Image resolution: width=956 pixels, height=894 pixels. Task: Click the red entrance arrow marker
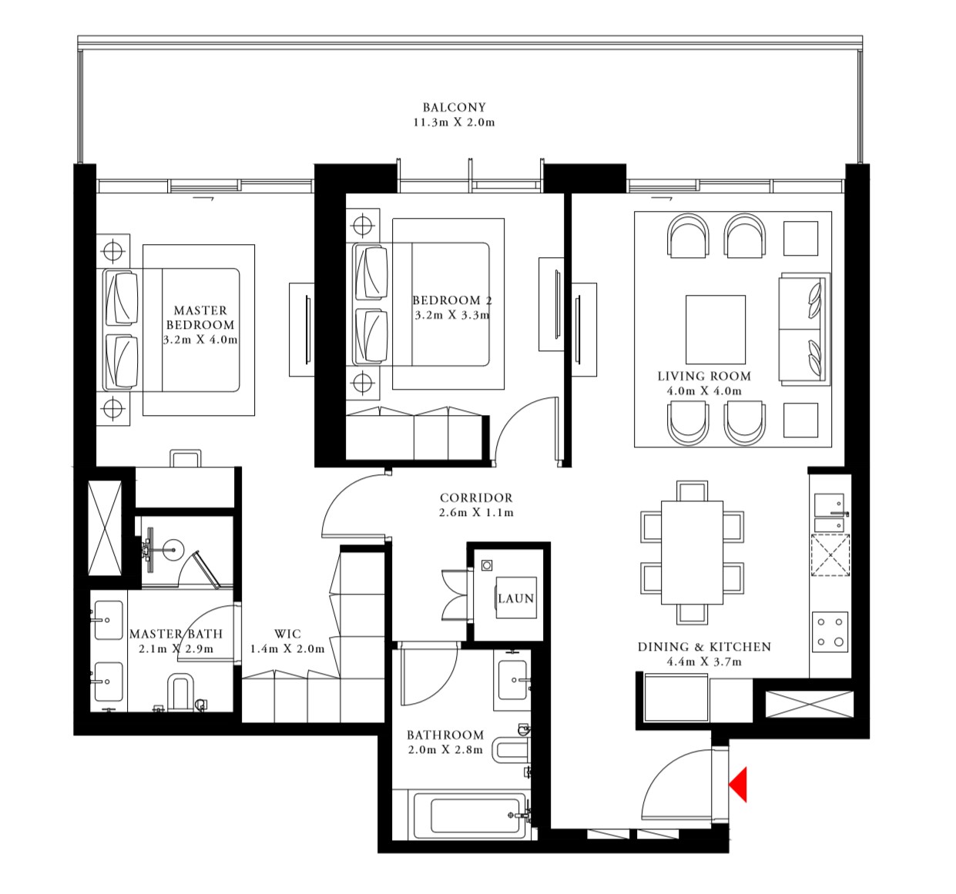coord(739,784)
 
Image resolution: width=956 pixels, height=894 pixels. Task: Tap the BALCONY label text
coord(454,108)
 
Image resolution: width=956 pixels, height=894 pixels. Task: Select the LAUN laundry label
coord(515,598)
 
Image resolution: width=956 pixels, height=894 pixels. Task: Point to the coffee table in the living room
coord(716,329)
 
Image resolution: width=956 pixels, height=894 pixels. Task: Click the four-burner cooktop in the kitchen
coord(830,631)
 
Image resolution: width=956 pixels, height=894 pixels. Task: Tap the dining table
coord(692,552)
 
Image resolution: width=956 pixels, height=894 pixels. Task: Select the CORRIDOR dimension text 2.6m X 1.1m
coord(476,513)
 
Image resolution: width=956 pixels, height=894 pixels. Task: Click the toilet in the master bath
coord(179,692)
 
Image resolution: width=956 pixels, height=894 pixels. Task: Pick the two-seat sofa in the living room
coord(804,329)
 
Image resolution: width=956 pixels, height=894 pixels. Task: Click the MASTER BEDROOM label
coord(200,317)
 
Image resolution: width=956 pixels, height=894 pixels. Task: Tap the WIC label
coord(287,634)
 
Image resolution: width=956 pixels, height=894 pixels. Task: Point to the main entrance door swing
coord(678,785)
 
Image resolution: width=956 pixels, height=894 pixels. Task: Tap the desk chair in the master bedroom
coord(186,458)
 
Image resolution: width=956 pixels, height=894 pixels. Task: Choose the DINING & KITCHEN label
coord(703,647)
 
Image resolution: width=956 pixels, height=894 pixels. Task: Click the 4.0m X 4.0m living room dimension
coord(703,391)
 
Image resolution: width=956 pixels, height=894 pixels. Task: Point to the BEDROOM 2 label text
coord(451,300)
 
